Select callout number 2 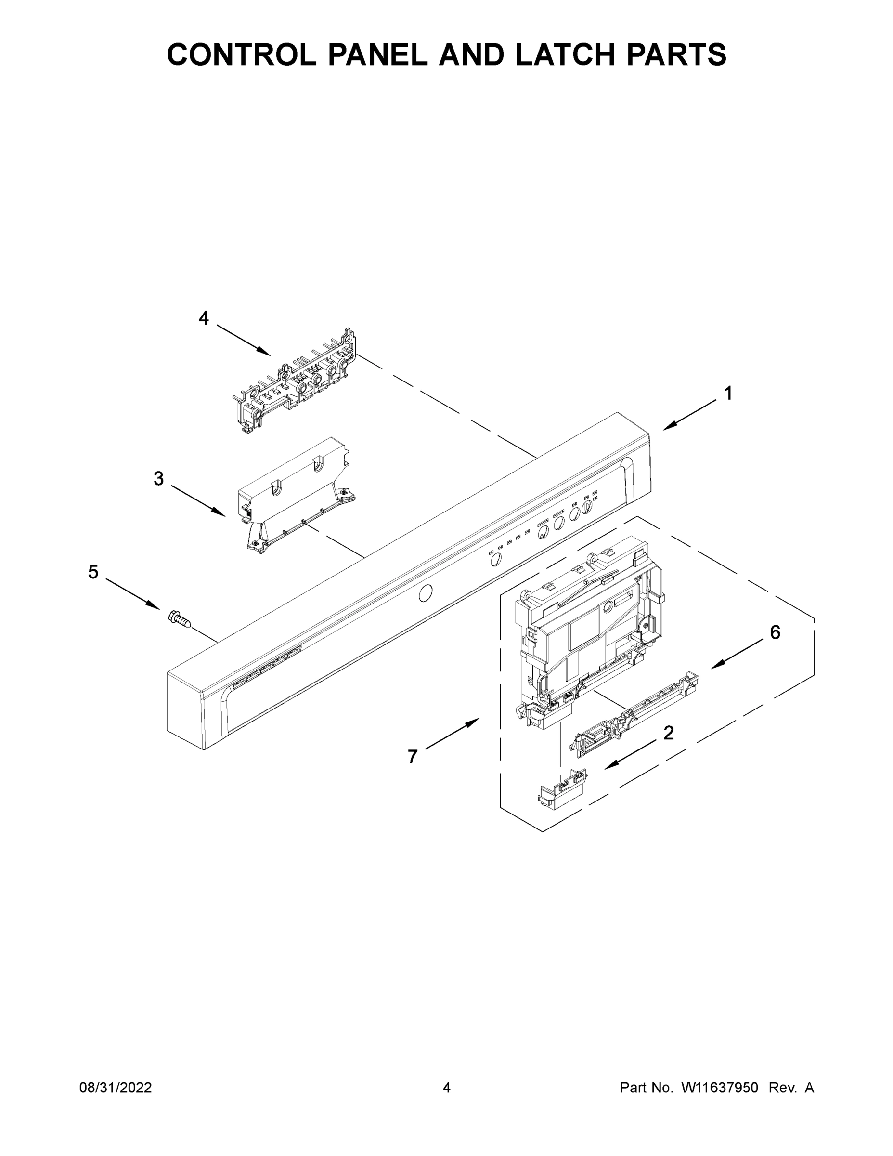[x=669, y=733]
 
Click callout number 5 [x=93, y=572]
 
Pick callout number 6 [x=775, y=632]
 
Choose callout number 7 [x=413, y=757]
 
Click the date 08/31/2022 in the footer [x=116, y=1088]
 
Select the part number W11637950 [x=720, y=1088]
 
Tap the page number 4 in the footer [x=447, y=1088]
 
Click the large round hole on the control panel [x=426, y=593]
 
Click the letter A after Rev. [x=809, y=1088]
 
